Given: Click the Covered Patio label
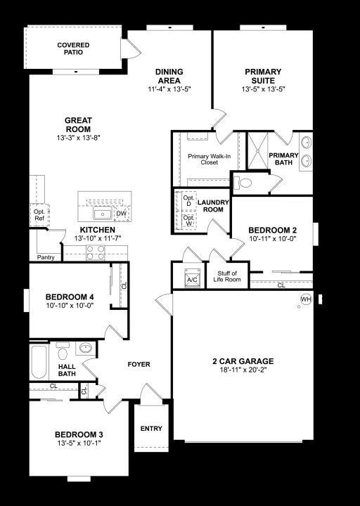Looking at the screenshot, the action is coord(73,48).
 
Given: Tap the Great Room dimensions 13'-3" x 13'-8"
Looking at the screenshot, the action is coord(79,138).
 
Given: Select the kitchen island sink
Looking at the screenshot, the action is coord(103,214).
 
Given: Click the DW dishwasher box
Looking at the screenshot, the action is coord(122,214).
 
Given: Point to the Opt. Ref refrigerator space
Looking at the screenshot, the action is coord(39,215).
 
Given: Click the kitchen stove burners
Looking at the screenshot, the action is coord(96,253).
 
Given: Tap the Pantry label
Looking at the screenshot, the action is coord(46,257).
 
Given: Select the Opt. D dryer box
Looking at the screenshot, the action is coord(188,201).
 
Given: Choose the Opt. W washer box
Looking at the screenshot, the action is coord(188,221).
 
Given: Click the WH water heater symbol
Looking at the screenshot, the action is coord(306,299).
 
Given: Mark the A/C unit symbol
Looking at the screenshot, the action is coord(192,278).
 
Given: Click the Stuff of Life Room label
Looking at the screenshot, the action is coord(227,277).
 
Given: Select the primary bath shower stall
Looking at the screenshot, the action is coord(257,150).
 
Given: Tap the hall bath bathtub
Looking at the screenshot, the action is coord(39,362).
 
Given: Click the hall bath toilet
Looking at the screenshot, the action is coord(63,351).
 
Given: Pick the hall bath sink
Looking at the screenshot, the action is coord(86,348).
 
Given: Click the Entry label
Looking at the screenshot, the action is coord(151,429).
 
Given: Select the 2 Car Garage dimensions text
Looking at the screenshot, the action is coord(243,370).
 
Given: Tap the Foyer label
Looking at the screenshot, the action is coord(139,364).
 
